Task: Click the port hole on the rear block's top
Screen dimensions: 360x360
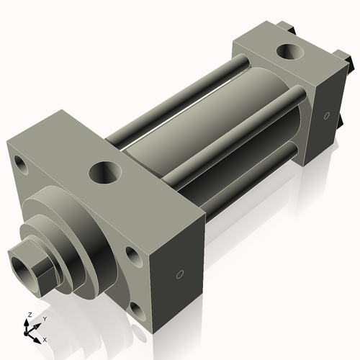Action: click(x=292, y=53)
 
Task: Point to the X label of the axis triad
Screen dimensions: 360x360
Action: click(x=45, y=338)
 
